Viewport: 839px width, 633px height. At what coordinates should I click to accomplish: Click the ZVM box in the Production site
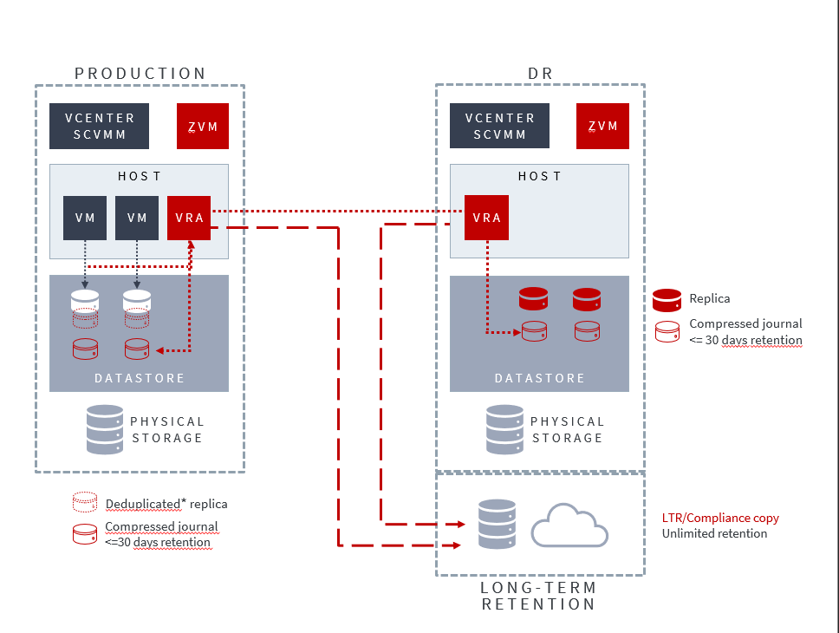pyautogui.click(x=202, y=127)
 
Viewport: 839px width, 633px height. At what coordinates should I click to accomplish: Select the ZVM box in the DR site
pyautogui.click(x=602, y=127)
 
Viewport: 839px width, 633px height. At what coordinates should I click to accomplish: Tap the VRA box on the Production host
pyautogui.click(x=189, y=218)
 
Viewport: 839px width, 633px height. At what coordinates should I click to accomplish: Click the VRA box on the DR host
pyautogui.click(x=486, y=218)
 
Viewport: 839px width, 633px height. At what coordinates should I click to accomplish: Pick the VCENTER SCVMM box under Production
pyautogui.click(x=99, y=127)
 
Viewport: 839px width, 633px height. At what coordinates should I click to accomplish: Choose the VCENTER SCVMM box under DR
pyautogui.click(x=499, y=127)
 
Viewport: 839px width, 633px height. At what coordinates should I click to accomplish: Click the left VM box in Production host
pyautogui.click(x=85, y=218)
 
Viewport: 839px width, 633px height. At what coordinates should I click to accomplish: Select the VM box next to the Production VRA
pyautogui.click(x=137, y=218)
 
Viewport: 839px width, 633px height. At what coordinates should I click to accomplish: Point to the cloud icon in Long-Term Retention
pyautogui.click(x=569, y=525)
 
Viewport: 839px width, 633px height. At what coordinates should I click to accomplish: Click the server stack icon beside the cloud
pyautogui.click(x=497, y=524)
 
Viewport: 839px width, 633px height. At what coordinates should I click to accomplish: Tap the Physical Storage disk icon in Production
pyautogui.click(x=105, y=429)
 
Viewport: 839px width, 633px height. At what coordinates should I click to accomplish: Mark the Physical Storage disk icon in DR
pyautogui.click(x=505, y=429)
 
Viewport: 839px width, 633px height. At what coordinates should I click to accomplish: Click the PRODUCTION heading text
pyautogui.click(x=140, y=74)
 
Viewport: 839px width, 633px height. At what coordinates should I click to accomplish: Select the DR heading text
pyautogui.click(x=540, y=74)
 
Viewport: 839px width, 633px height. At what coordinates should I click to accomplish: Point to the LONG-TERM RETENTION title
pyautogui.click(x=539, y=596)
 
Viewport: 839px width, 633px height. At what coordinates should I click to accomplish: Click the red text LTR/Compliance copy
pyautogui.click(x=720, y=518)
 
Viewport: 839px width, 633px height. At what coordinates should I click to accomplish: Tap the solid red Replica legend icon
pyautogui.click(x=667, y=300)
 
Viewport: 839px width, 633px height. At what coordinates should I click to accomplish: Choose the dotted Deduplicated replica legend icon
pyautogui.click(x=85, y=503)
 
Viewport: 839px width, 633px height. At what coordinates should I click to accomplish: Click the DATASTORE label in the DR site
pyautogui.click(x=540, y=379)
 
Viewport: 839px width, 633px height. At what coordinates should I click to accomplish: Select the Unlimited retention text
pyautogui.click(x=714, y=533)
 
